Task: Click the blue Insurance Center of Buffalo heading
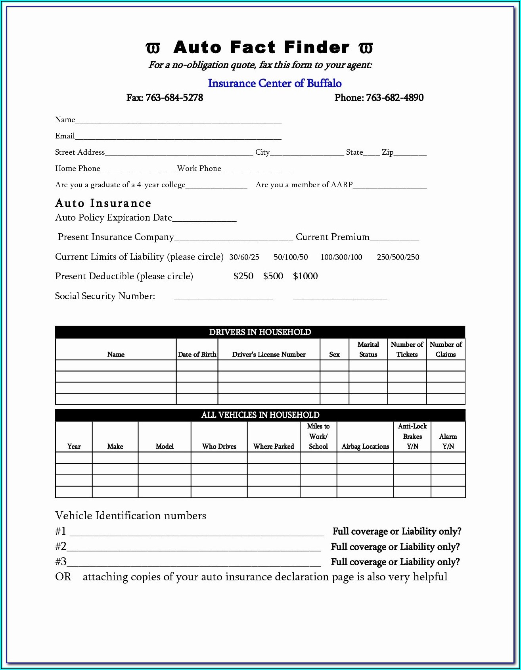point(274,83)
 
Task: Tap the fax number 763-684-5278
point(174,98)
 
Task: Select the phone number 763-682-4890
point(395,98)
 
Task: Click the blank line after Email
point(178,137)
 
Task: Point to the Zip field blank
point(410,153)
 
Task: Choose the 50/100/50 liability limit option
point(291,257)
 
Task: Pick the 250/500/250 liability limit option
point(398,257)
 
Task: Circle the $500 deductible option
point(273,276)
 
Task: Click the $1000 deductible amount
point(305,276)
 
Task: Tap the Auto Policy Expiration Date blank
point(204,219)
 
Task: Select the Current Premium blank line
point(394,238)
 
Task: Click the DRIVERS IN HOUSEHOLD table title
point(260,332)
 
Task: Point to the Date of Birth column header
point(197,354)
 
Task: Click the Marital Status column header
point(368,349)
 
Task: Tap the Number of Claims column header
point(446,349)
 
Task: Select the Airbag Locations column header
point(365,446)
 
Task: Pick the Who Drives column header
point(219,446)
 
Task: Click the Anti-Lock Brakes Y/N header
point(412,436)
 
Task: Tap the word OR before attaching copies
point(63,577)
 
